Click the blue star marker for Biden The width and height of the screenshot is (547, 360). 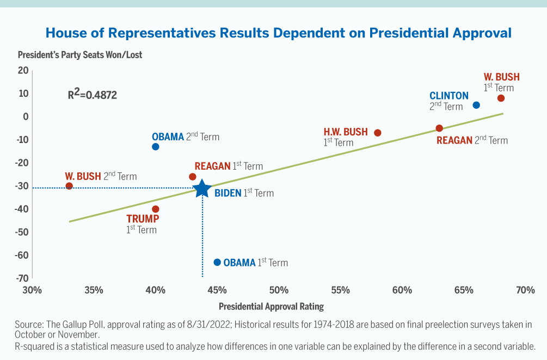[x=202, y=189]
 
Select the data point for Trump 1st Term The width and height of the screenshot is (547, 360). [x=156, y=209]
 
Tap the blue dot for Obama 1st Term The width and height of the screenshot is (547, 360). [x=217, y=262]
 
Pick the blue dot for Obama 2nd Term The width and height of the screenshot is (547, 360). [x=156, y=147]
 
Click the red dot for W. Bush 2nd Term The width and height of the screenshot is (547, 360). [x=69, y=186]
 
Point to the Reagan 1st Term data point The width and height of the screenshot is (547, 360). [x=193, y=177]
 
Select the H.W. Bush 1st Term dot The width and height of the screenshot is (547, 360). [x=378, y=133]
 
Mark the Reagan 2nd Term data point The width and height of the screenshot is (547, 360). [x=439, y=128]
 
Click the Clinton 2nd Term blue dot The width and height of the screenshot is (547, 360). [x=476, y=105]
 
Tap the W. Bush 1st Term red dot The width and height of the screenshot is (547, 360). [x=501, y=98]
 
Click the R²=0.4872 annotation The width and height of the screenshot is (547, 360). [x=92, y=95]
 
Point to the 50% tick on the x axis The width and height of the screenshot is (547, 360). [x=279, y=290]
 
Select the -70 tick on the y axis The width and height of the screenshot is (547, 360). [x=22, y=278]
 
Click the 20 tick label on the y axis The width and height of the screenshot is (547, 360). [x=23, y=70]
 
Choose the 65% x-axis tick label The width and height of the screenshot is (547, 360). [x=464, y=290]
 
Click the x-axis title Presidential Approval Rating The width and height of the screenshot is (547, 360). [x=271, y=306]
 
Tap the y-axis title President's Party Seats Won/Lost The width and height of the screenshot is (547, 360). [x=79, y=55]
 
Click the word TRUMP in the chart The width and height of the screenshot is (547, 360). [x=143, y=219]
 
